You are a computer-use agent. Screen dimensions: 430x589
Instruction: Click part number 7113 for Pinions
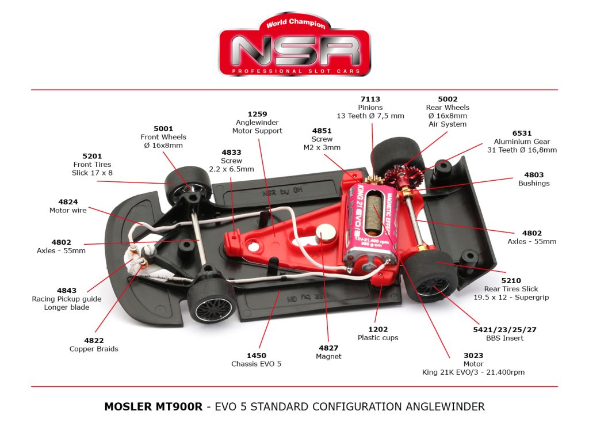(x=370, y=99)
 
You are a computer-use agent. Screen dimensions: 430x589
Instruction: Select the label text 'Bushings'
(x=534, y=184)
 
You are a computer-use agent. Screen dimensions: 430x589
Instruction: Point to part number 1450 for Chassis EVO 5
(x=256, y=356)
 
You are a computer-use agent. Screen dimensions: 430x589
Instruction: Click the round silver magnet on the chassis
(x=324, y=233)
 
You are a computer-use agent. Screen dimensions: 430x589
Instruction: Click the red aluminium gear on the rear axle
(x=397, y=173)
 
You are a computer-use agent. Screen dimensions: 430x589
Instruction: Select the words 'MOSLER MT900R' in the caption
(x=153, y=407)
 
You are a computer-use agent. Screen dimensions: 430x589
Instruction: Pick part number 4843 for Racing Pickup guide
(x=67, y=291)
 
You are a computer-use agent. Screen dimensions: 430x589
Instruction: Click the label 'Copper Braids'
(x=94, y=349)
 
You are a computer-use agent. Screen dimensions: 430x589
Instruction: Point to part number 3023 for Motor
(x=473, y=356)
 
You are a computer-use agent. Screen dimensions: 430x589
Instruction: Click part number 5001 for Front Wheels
(x=163, y=129)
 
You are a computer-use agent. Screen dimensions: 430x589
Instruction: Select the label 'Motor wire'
(x=68, y=211)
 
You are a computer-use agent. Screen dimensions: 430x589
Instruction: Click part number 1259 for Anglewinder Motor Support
(x=257, y=115)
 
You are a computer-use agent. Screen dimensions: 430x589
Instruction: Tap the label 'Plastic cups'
(x=378, y=338)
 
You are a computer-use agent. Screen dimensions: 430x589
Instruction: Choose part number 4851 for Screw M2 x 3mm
(x=322, y=131)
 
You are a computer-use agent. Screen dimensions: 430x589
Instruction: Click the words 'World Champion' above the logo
(x=296, y=24)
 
